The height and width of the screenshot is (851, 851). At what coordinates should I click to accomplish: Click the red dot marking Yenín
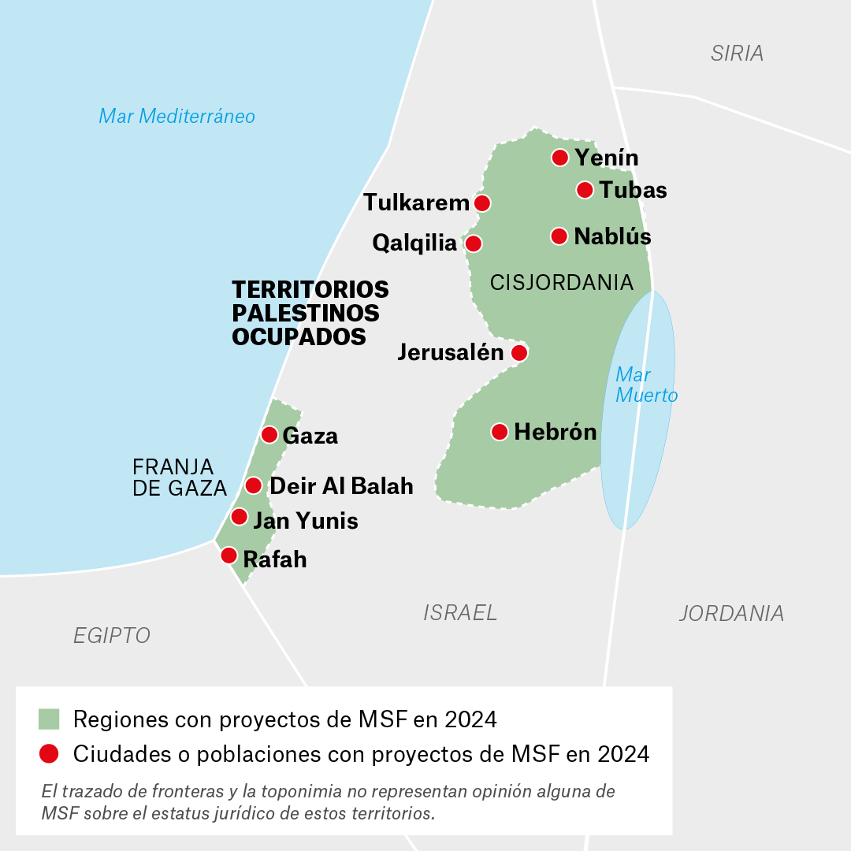click(560, 158)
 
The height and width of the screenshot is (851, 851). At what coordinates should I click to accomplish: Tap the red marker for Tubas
click(585, 190)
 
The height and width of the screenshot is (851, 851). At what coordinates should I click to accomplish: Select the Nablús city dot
click(559, 236)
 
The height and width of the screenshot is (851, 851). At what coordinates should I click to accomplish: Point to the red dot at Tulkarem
click(482, 203)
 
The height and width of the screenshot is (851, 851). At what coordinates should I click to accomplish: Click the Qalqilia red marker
click(474, 243)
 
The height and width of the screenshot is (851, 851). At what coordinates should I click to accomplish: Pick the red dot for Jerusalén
click(518, 352)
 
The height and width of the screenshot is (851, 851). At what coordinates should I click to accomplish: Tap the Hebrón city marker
click(500, 432)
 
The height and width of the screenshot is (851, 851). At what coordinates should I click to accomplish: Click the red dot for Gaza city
click(269, 435)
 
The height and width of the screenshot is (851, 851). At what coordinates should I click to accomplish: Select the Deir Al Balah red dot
click(254, 485)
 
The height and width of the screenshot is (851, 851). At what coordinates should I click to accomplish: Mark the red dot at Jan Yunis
click(239, 517)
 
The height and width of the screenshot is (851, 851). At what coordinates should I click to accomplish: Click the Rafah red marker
click(229, 556)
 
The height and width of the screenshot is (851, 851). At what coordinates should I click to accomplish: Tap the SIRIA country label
click(737, 54)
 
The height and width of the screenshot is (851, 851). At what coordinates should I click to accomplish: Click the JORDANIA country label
click(731, 613)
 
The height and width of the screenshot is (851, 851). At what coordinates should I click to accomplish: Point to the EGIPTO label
click(112, 635)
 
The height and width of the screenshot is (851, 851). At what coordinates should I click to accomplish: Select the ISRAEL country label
click(460, 612)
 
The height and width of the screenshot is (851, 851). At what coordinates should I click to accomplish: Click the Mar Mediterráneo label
click(177, 117)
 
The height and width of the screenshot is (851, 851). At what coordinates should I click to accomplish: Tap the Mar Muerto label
click(646, 385)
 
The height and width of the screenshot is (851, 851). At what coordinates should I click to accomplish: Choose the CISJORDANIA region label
click(562, 282)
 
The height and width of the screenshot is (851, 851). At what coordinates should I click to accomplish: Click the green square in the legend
click(49, 719)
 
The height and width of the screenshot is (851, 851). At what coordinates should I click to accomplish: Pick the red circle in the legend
click(49, 754)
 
